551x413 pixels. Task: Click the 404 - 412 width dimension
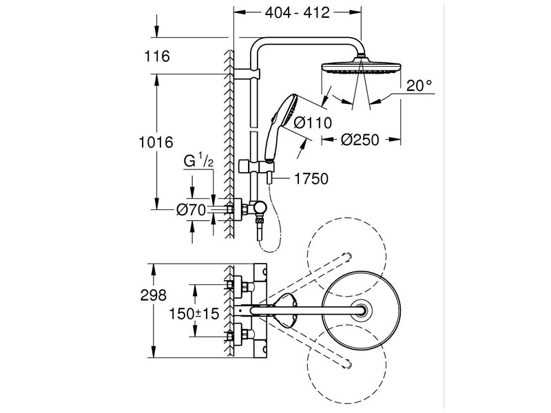(x=298, y=12)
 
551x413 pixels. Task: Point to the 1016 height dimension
(x=155, y=142)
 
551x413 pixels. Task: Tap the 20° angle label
(x=419, y=85)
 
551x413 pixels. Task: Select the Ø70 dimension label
(x=191, y=210)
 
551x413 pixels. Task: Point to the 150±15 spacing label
(x=195, y=313)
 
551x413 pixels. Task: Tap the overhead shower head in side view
(x=360, y=69)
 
